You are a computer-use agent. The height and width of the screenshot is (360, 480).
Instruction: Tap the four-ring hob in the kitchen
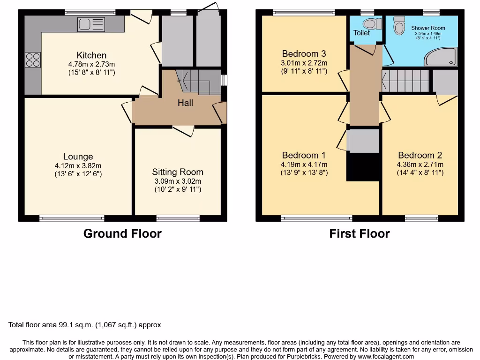pos(33,60)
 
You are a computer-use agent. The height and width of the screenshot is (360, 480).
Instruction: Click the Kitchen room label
pos(91,55)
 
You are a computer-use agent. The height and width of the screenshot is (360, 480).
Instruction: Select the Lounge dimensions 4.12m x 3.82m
pos(78,165)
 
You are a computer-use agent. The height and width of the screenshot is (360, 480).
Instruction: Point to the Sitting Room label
pos(178,172)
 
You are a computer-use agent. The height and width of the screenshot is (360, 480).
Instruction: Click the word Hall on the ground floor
pos(185,103)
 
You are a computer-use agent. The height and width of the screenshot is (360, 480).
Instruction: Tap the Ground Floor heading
pos(122,233)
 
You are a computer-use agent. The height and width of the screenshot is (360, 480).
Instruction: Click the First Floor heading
pos(360,233)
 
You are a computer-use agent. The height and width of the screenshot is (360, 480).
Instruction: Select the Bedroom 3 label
pos(304,54)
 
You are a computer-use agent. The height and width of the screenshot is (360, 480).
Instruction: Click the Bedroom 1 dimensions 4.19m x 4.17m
pos(304,164)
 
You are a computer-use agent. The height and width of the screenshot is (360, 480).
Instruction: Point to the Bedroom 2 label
pos(420,155)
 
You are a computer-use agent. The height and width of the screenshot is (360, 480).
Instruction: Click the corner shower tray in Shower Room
pos(441,57)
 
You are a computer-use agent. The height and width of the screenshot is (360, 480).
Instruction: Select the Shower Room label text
pos(428,28)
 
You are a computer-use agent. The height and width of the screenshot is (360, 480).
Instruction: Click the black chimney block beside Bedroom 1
pos(362,167)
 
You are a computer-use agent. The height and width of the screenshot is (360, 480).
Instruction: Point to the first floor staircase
pos(406,81)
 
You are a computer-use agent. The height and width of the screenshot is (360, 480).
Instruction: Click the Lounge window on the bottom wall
pos(72,218)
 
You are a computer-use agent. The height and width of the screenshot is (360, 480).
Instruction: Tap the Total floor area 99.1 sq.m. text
pos(85,325)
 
